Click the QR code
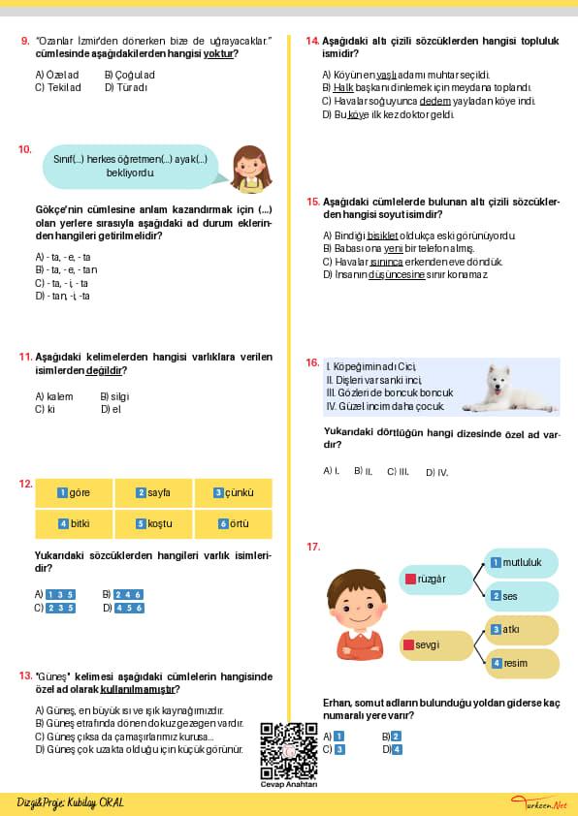point(289,751)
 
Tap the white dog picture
point(509,389)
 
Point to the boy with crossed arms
point(358,614)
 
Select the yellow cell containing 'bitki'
point(74,523)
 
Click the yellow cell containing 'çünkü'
point(234,493)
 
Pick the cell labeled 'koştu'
point(153,523)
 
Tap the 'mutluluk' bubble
point(521,562)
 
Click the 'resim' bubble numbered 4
point(522,663)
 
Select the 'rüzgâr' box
point(436,580)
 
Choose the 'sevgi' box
point(436,645)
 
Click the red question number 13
point(25,676)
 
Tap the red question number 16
point(312,362)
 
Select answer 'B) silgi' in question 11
point(114,396)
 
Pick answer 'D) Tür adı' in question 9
point(125,87)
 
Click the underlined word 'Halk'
point(343,87)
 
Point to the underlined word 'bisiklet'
point(382,235)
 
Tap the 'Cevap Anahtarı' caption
point(289,784)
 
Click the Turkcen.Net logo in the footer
point(539,803)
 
